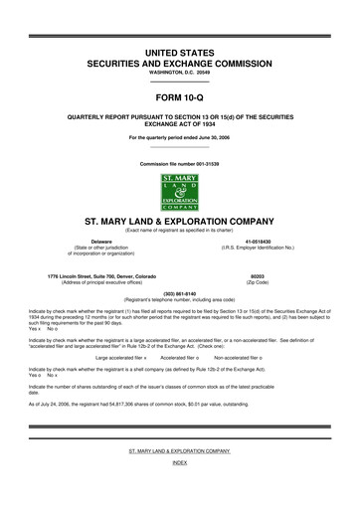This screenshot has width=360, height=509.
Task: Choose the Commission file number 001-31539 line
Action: coord(180,162)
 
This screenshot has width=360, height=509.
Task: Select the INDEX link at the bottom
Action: coord(180,491)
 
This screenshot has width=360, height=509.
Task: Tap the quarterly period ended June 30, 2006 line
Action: coord(180,136)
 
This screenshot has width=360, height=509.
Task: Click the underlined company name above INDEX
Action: coord(180,478)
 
